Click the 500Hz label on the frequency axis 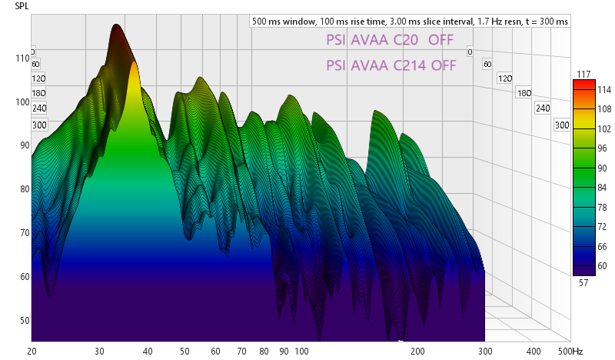click(570, 351)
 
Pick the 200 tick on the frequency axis click(418, 351)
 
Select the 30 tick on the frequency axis click(99, 351)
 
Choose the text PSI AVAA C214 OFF click(391, 65)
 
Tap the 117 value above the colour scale click(581, 74)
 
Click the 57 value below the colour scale click(581, 283)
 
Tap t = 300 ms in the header click(539, 22)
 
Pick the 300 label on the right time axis click(561, 125)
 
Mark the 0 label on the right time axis click(469, 52)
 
